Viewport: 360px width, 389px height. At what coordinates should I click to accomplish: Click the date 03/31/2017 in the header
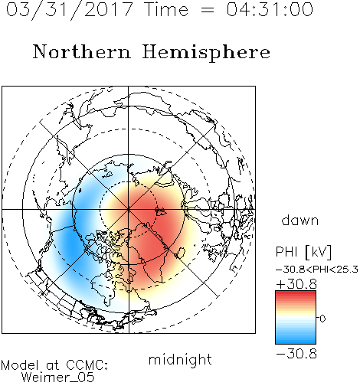(x=70, y=9)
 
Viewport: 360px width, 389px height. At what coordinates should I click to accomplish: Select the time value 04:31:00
(x=270, y=9)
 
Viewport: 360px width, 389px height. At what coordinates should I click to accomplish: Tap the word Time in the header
(x=166, y=9)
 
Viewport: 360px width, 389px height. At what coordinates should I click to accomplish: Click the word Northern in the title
(x=82, y=51)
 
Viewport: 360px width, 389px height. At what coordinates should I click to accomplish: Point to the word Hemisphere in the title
(x=206, y=53)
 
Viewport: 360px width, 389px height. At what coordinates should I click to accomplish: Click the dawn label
(x=300, y=220)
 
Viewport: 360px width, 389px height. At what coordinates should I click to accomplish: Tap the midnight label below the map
(x=180, y=359)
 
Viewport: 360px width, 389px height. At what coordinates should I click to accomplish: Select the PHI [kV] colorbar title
(x=303, y=252)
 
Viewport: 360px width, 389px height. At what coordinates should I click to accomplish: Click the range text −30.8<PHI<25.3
(x=317, y=270)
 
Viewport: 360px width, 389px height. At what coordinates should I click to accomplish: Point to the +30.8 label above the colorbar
(x=296, y=284)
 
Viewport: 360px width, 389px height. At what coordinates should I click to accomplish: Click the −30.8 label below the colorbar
(x=296, y=354)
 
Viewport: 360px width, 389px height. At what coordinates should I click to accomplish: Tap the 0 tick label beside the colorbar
(x=322, y=319)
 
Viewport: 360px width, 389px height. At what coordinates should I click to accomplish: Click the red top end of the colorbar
(x=296, y=293)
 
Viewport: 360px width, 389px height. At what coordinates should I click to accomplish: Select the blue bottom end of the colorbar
(x=296, y=342)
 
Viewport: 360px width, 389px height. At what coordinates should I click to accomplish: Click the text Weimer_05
(x=58, y=378)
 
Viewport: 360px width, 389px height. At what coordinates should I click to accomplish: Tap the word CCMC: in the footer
(x=87, y=365)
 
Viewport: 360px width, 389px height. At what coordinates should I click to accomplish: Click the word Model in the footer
(x=20, y=365)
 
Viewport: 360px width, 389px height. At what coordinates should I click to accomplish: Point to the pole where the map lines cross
(x=129, y=209)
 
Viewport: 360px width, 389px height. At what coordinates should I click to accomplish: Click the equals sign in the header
(x=208, y=10)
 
